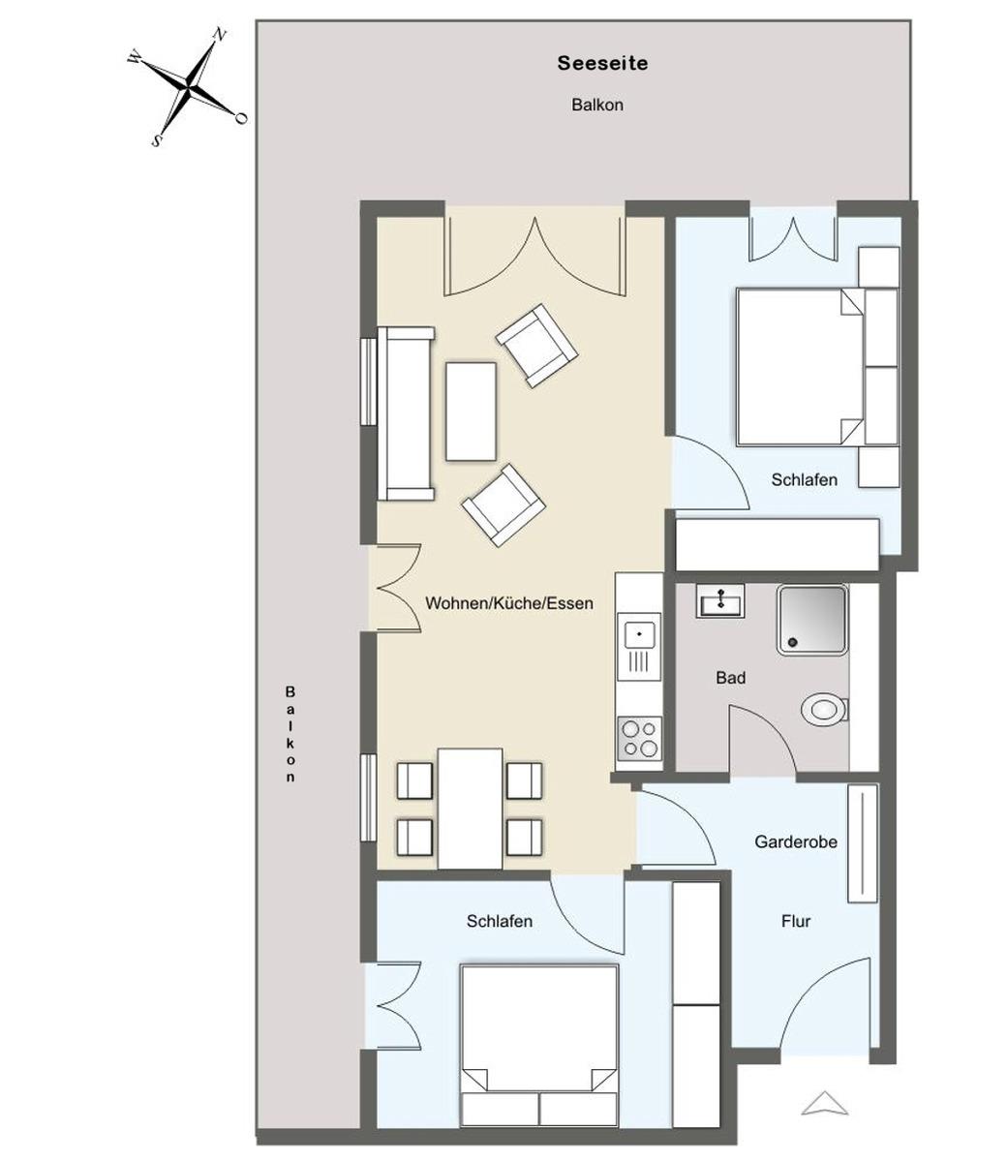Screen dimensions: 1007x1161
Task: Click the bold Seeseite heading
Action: pyautogui.click(x=602, y=63)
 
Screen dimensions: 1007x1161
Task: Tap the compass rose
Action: pyautogui.click(x=188, y=87)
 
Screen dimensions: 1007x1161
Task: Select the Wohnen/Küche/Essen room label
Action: pyautogui.click(x=508, y=603)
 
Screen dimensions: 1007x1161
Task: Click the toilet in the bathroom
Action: pyautogui.click(x=824, y=710)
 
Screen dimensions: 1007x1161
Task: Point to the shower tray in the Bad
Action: pyautogui.click(x=811, y=620)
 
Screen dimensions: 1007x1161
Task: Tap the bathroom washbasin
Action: pyautogui.click(x=719, y=600)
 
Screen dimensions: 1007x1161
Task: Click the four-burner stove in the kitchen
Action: pyautogui.click(x=640, y=738)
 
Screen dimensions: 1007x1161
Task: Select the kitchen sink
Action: pyautogui.click(x=639, y=635)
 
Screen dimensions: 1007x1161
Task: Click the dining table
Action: pyautogui.click(x=471, y=809)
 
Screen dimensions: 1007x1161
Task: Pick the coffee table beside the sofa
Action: pyautogui.click(x=471, y=412)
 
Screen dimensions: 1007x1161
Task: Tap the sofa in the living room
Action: pyautogui.click(x=406, y=413)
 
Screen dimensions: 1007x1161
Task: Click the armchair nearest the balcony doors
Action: pyautogui.click(x=536, y=346)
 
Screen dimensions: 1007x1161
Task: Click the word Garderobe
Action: pyautogui.click(x=796, y=841)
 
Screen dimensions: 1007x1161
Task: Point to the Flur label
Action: pyautogui.click(x=796, y=921)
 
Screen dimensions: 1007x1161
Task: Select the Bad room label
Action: pyautogui.click(x=731, y=678)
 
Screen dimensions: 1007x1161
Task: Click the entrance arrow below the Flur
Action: pyautogui.click(x=824, y=1103)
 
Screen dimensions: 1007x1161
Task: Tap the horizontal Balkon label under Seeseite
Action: pyautogui.click(x=597, y=106)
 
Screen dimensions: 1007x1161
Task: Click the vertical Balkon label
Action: pyautogui.click(x=290, y=734)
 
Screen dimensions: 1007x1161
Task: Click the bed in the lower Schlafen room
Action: pyautogui.click(x=539, y=1046)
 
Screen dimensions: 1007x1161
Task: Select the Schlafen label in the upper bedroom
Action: pyautogui.click(x=804, y=480)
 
